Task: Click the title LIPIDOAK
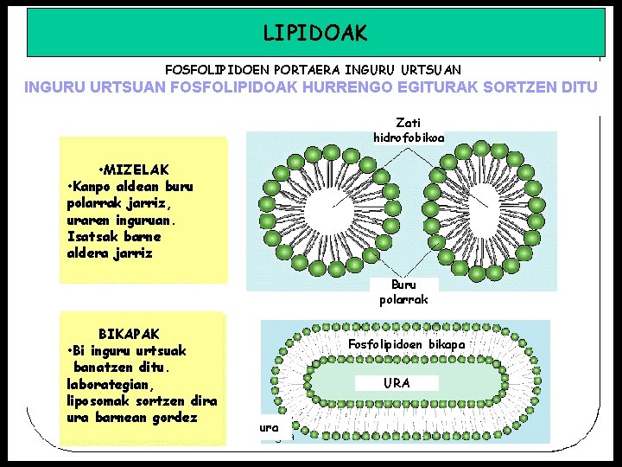click(315, 34)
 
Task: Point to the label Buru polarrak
click(403, 292)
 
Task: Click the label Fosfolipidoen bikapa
click(406, 344)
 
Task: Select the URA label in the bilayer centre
click(397, 382)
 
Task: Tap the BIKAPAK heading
click(129, 334)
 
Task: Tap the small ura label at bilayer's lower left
click(270, 427)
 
